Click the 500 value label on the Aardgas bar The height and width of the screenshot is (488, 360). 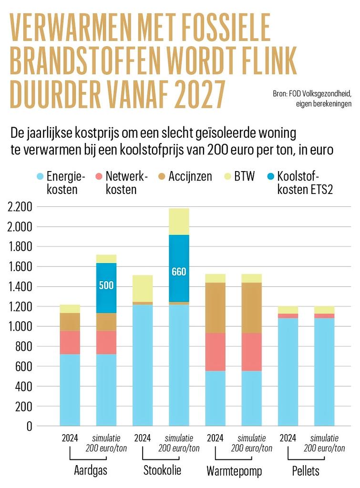pyautogui.click(x=106, y=285)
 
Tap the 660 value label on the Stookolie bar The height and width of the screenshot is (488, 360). pyautogui.click(x=179, y=272)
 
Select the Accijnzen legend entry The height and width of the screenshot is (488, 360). pyautogui.click(x=185, y=176)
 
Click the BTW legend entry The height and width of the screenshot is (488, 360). pyautogui.click(x=239, y=176)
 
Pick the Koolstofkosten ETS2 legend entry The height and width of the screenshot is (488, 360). pyautogui.click(x=300, y=183)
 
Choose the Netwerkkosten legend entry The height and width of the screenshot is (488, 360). pyautogui.click(x=122, y=183)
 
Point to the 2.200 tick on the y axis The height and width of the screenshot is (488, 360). pyautogui.click(x=20, y=207)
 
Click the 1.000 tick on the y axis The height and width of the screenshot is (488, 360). pyautogui.click(x=20, y=326)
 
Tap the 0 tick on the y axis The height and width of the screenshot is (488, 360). pyautogui.click(x=29, y=427)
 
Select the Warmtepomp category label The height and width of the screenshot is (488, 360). pyautogui.click(x=234, y=471)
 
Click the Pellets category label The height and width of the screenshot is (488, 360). pyautogui.click(x=306, y=470)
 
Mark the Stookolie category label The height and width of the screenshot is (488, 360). pyautogui.click(x=162, y=470)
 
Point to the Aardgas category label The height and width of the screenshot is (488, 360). pyautogui.click(x=91, y=470)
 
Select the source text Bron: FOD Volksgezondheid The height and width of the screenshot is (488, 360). pyautogui.click(x=312, y=93)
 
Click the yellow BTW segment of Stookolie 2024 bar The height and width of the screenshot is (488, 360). pyautogui.click(x=143, y=288)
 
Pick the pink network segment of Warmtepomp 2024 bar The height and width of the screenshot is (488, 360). pyautogui.click(x=215, y=352)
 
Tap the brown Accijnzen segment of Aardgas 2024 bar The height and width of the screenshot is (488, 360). pyautogui.click(x=70, y=322)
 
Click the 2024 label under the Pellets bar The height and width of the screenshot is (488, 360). pyautogui.click(x=288, y=438)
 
